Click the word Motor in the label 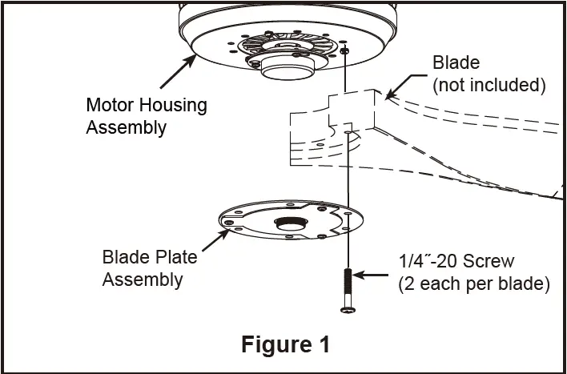click(x=108, y=105)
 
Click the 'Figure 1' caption click(x=285, y=344)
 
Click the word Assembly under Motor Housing click(x=126, y=127)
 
